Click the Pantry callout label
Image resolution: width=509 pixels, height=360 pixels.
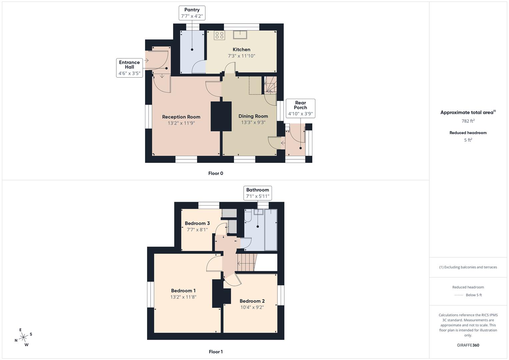[192, 13]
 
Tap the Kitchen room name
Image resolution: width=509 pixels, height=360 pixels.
[241, 50]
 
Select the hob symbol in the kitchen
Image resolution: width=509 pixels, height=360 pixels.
[219, 35]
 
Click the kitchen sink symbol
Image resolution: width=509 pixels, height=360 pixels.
[240, 34]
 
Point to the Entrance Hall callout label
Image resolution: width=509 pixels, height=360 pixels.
[129, 68]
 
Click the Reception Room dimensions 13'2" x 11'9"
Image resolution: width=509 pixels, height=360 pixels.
[181, 123]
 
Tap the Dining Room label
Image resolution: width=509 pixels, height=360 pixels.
[253, 116]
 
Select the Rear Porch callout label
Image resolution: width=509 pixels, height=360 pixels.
[300, 108]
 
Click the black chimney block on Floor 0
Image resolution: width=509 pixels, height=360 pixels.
[221, 116]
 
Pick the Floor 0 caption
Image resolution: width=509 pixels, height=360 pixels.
[216, 173]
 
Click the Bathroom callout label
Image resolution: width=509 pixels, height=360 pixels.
[257, 193]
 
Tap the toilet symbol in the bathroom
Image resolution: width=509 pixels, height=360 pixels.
[248, 217]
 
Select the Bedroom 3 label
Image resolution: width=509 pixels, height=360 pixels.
[197, 223]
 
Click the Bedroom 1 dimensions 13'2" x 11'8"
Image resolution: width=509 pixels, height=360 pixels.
[183, 297]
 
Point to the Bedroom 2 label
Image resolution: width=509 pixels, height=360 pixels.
[252, 301]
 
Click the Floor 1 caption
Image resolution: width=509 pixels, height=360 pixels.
[216, 352]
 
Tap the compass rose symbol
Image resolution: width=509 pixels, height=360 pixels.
[23, 337]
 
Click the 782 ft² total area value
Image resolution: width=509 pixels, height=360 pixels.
[468, 121]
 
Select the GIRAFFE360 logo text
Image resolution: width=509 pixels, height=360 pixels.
[468, 345]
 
